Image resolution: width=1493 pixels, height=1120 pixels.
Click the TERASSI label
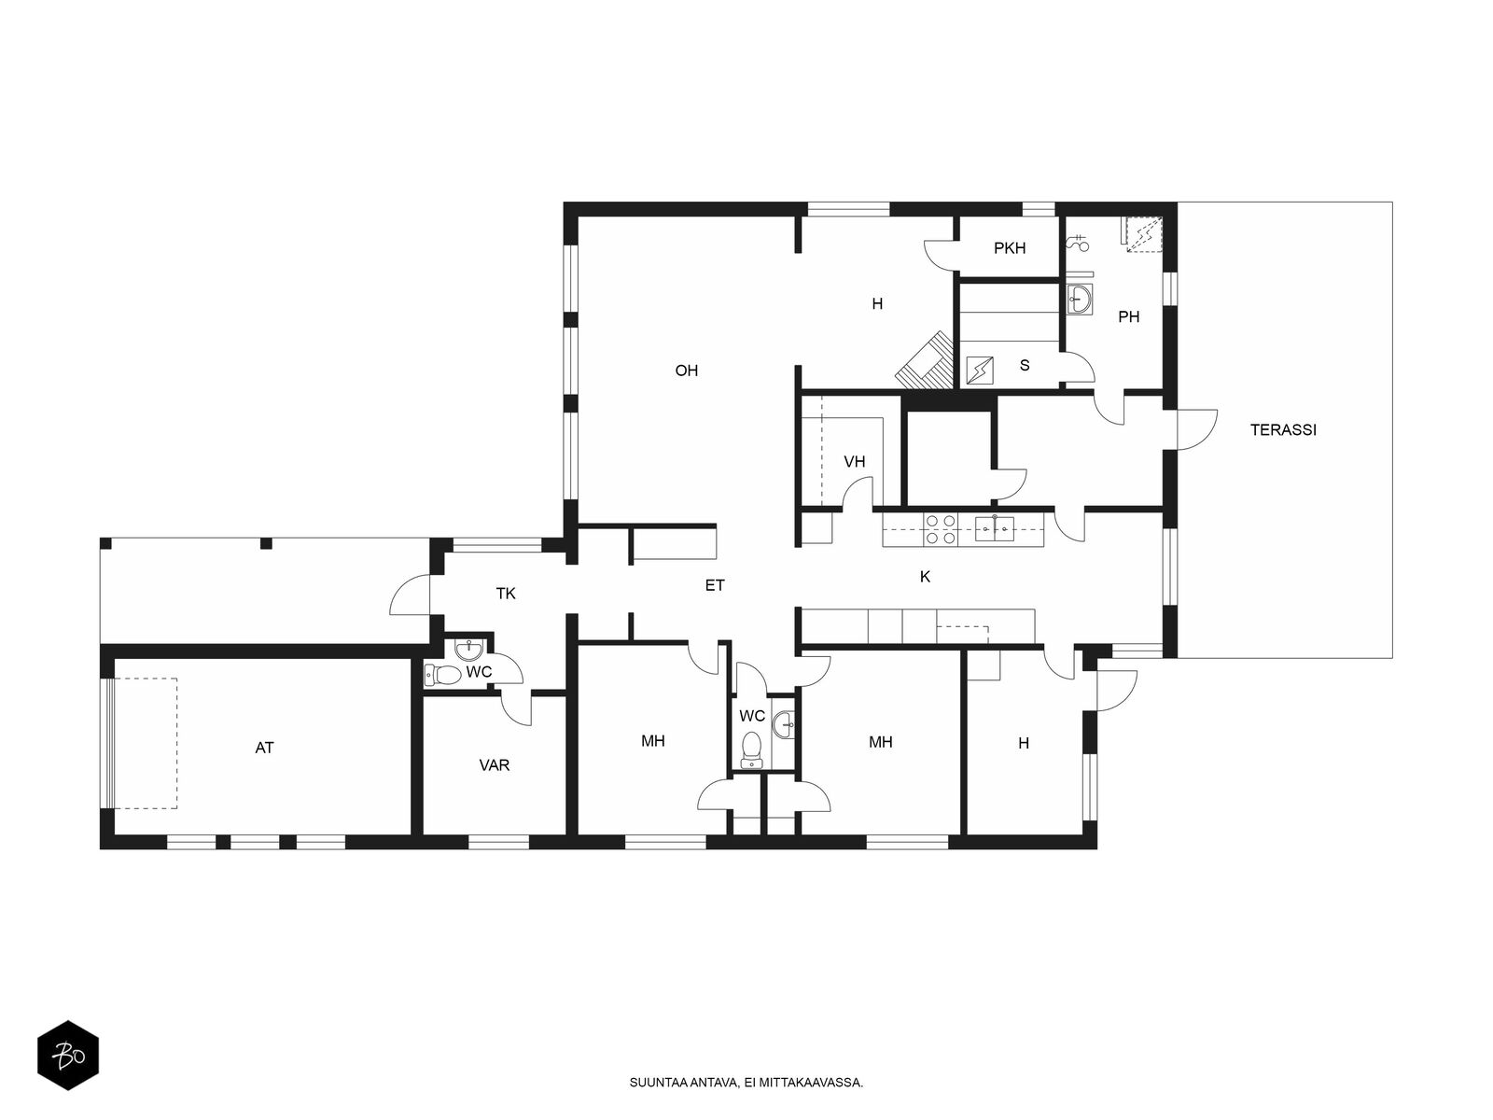click(x=1283, y=429)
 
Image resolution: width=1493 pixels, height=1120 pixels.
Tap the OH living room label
click(x=686, y=371)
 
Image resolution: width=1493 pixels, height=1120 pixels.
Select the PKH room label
click(x=1010, y=248)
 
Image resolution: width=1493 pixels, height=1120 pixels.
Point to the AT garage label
click(x=265, y=748)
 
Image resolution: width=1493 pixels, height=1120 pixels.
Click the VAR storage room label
click(x=494, y=765)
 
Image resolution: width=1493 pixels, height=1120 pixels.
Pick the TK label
click(x=506, y=594)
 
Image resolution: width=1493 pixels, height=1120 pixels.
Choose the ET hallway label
click(x=714, y=585)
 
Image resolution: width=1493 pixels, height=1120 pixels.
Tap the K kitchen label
click(x=925, y=577)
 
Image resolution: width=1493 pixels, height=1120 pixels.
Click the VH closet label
click(x=855, y=462)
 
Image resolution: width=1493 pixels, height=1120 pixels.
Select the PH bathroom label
click(x=1128, y=317)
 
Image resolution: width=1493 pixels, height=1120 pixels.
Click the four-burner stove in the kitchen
click(x=941, y=530)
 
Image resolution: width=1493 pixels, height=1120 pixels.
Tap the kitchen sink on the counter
click(x=995, y=528)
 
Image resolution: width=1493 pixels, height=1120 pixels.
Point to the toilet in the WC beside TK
click(x=443, y=675)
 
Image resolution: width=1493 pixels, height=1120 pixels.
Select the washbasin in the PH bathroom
click(x=1079, y=300)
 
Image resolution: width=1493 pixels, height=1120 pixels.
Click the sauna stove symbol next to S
click(x=980, y=371)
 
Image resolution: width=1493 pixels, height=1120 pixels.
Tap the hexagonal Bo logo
click(x=68, y=1056)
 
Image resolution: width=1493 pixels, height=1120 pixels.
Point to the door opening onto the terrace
click(x=1196, y=429)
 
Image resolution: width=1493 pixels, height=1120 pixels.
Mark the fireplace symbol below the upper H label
click(x=925, y=360)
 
